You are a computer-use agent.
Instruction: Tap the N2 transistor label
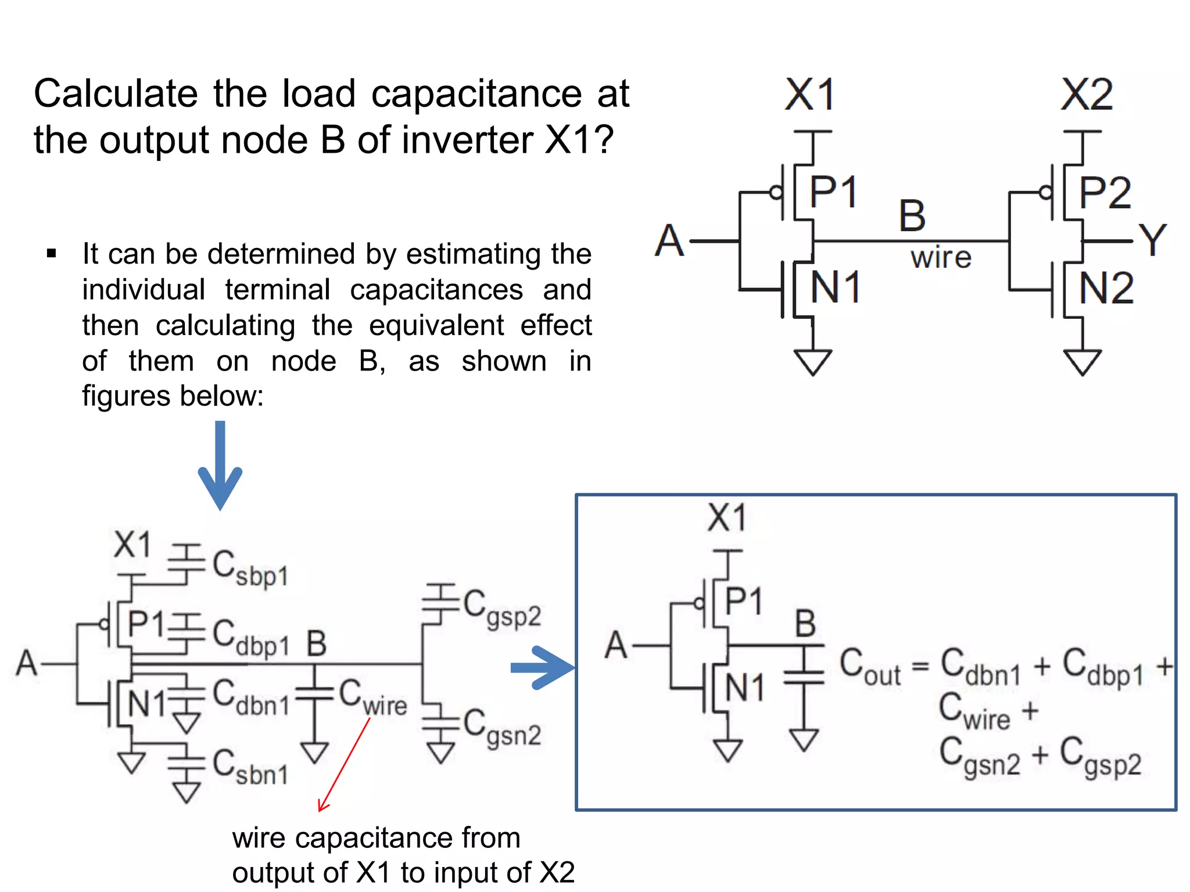click(x=1106, y=288)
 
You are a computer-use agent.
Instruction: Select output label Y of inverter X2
click(x=1152, y=240)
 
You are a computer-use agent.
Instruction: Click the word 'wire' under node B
click(x=941, y=257)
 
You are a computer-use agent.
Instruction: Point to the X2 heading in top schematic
click(x=1086, y=95)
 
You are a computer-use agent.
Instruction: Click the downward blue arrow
click(x=220, y=465)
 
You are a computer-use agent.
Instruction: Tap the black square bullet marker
click(x=51, y=254)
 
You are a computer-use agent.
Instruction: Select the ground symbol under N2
click(x=1082, y=362)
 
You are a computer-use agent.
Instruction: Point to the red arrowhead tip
click(x=320, y=811)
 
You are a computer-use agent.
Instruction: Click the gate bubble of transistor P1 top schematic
click(x=775, y=192)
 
